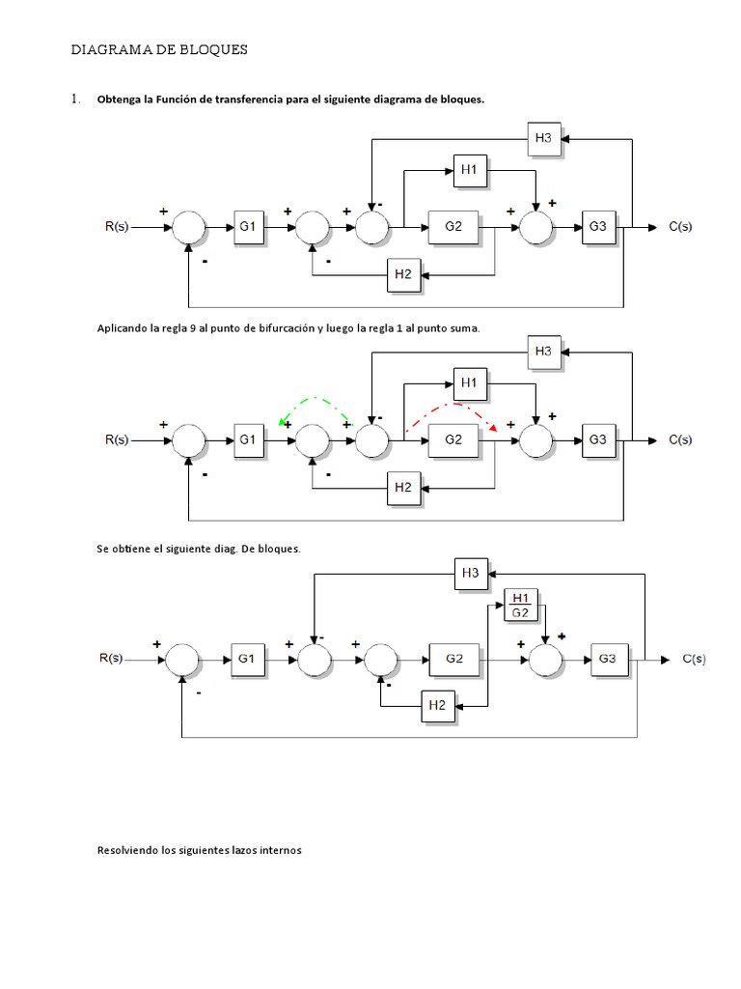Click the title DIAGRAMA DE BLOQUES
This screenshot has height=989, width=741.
point(160,50)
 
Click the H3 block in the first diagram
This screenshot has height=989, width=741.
point(543,138)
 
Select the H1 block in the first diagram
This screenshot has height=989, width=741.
point(469,171)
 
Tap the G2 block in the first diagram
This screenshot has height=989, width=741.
point(454,226)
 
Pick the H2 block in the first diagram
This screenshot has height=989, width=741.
point(403,274)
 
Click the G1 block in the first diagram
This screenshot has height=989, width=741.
point(248,226)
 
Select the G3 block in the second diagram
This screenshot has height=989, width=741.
point(598,439)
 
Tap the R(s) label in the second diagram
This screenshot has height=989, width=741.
point(116,439)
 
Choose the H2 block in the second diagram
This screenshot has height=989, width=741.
point(403,488)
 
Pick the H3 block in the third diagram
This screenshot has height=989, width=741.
point(470,575)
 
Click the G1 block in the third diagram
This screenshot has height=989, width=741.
point(246,659)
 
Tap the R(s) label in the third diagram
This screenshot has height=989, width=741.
point(112,659)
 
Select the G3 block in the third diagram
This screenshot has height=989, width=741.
point(607,659)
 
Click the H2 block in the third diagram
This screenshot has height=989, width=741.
point(437,706)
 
